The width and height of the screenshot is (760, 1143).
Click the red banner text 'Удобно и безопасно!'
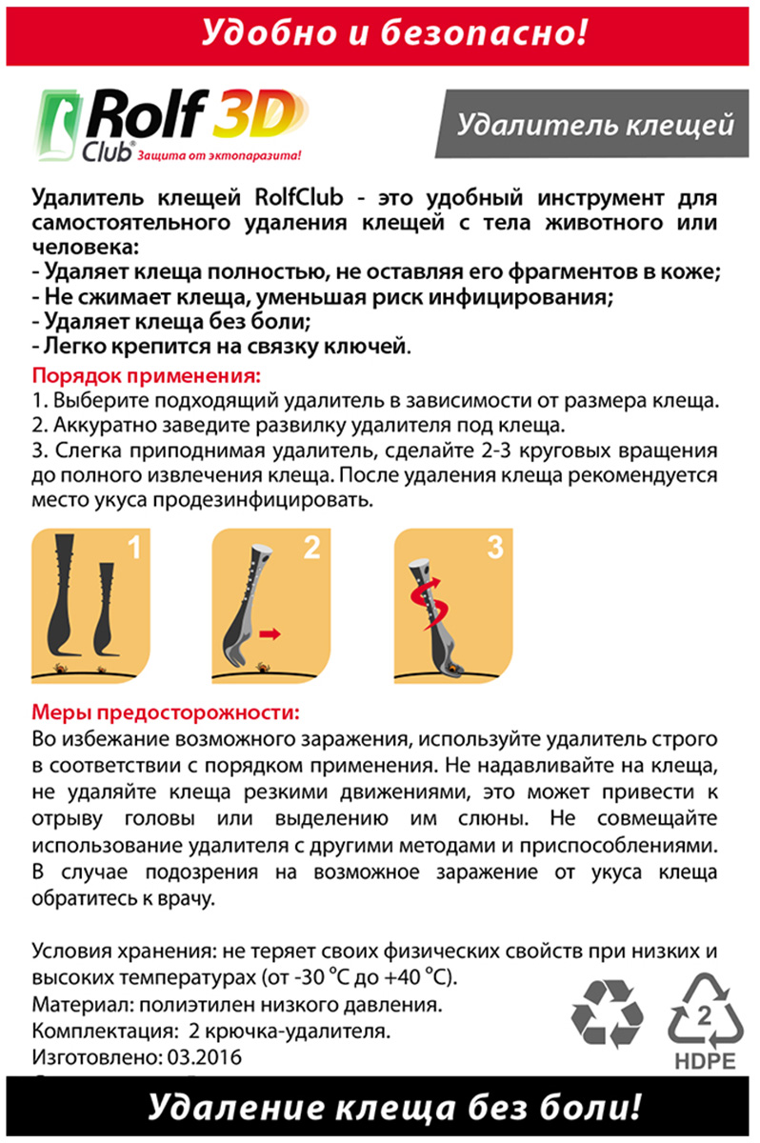click(x=394, y=33)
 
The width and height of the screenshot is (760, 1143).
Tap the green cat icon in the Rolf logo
click(x=58, y=126)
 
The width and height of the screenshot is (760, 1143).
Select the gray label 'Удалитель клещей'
click(x=594, y=124)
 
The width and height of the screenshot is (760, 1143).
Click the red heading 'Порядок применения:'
click(x=147, y=375)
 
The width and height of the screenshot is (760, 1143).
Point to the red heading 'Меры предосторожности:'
click(x=166, y=712)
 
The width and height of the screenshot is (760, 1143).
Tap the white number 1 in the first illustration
click(x=134, y=547)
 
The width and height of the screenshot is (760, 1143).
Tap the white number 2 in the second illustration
click(x=311, y=547)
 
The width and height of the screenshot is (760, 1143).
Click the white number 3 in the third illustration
click(x=495, y=547)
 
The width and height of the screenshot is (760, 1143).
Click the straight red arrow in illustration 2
click(x=270, y=634)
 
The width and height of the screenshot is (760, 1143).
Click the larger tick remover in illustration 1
click(x=62, y=594)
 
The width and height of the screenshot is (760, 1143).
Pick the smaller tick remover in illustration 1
click(x=106, y=609)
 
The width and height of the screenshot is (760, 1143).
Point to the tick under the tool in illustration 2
click(x=262, y=667)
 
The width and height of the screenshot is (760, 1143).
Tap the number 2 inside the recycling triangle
click(x=705, y=1016)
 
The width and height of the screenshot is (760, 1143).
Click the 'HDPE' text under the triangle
click(x=706, y=1062)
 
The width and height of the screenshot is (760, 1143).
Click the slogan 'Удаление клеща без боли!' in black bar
click(x=394, y=1109)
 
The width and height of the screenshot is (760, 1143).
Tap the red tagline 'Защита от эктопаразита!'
click(x=219, y=155)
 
